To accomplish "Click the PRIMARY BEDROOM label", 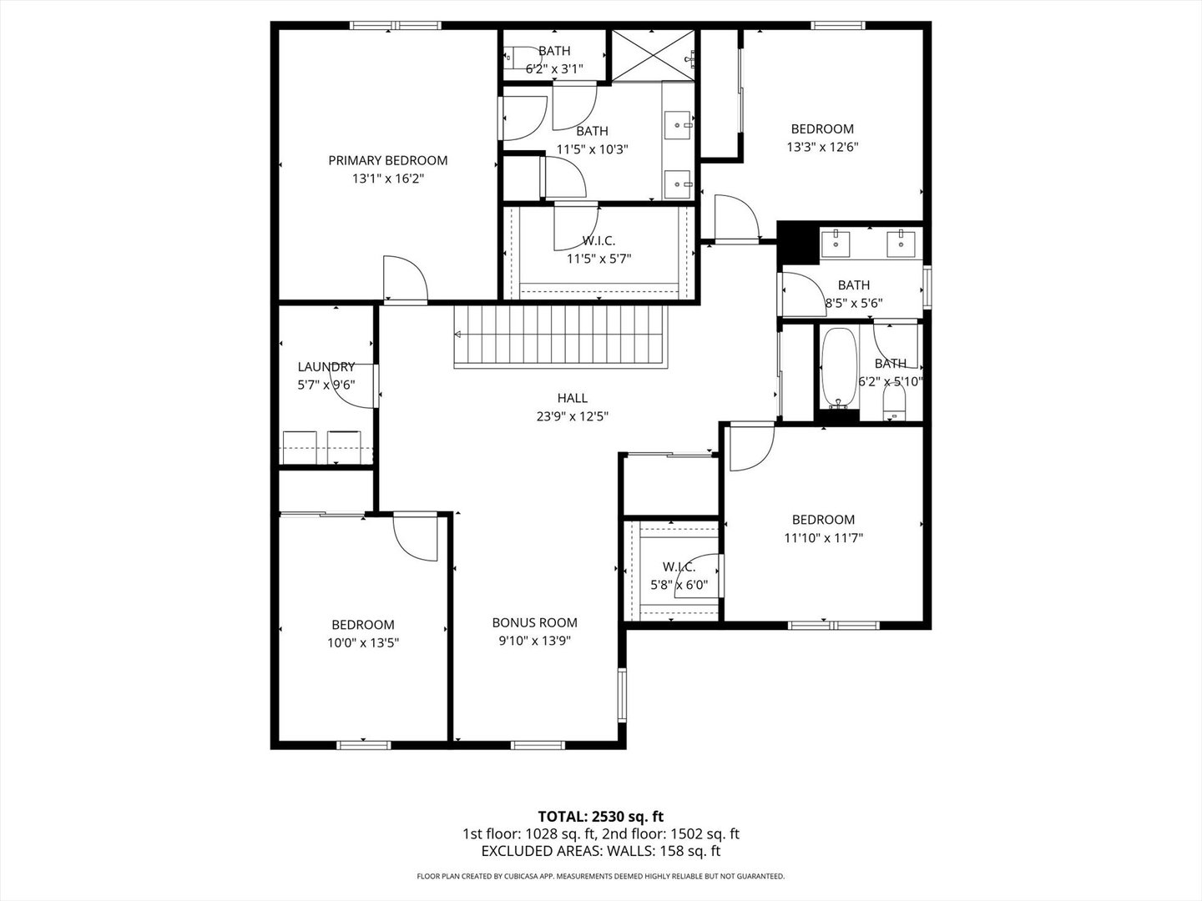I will pos(387,160).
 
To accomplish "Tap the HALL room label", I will pos(572,398).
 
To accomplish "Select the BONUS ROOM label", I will pos(534,622).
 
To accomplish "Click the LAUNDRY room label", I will pos(326,367).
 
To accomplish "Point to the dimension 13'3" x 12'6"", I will pos(822,147).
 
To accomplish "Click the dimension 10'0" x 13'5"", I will pos(362,643).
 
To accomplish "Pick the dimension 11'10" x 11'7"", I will pos(823,538).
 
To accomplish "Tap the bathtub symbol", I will pos(839,367).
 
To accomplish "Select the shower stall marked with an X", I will pos(653,55).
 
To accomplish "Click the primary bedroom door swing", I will pos(403,279).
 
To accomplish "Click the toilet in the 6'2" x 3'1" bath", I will pos(515,58).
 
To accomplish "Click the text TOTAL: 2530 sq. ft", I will pos(600,816).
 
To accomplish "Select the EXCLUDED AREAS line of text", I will pos(600,851).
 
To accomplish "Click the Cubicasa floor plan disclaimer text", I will pos(600,877).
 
